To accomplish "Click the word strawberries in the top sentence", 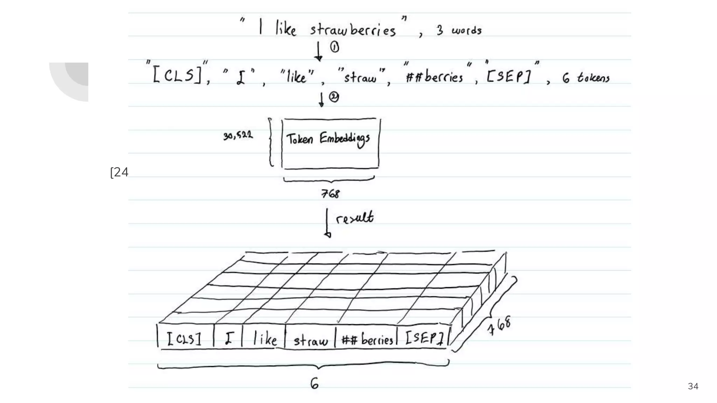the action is pyautogui.click(x=353, y=30).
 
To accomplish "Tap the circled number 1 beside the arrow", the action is pyautogui.click(x=335, y=47).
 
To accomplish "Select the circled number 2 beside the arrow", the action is pyautogui.click(x=334, y=97).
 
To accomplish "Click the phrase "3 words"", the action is pyautogui.click(x=459, y=30).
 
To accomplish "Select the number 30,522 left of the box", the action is pyautogui.click(x=238, y=135).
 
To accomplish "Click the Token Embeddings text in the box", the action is pyautogui.click(x=328, y=139).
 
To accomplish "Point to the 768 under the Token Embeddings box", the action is pyautogui.click(x=330, y=193).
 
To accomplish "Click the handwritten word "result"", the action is pyautogui.click(x=354, y=218).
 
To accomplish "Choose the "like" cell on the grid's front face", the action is pyautogui.click(x=264, y=339).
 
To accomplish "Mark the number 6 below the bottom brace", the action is pyautogui.click(x=314, y=384).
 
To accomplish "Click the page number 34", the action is pyautogui.click(x=693, y=386).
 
